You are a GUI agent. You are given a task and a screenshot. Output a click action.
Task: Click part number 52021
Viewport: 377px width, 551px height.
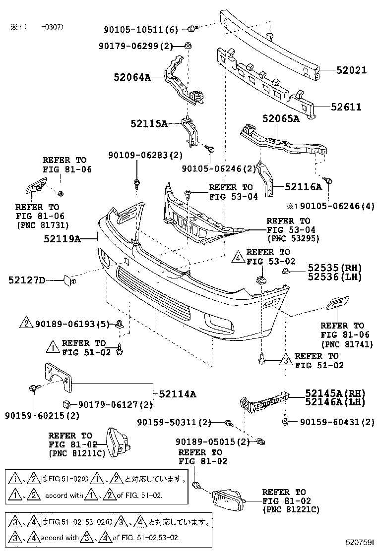(x=350, y=70)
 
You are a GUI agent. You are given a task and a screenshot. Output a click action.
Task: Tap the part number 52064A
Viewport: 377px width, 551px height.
(x=131, y=77)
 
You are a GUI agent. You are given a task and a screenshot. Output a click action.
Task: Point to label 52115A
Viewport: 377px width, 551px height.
(x=149, y=123)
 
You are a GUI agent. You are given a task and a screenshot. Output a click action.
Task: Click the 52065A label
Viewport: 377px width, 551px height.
(x=281, y=119)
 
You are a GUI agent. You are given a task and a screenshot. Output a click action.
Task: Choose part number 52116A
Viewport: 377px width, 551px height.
(x=304, y=187)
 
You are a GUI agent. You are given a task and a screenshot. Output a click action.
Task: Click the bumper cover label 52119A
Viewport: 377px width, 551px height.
(x=63, y=239)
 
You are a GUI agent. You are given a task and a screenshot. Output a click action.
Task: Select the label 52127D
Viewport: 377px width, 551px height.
(x=26, y=281)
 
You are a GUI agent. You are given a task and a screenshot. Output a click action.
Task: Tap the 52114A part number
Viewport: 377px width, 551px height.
(x=177, y=394)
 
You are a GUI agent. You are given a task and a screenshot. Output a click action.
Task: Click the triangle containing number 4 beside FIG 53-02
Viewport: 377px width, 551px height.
(x=239, y=257)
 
